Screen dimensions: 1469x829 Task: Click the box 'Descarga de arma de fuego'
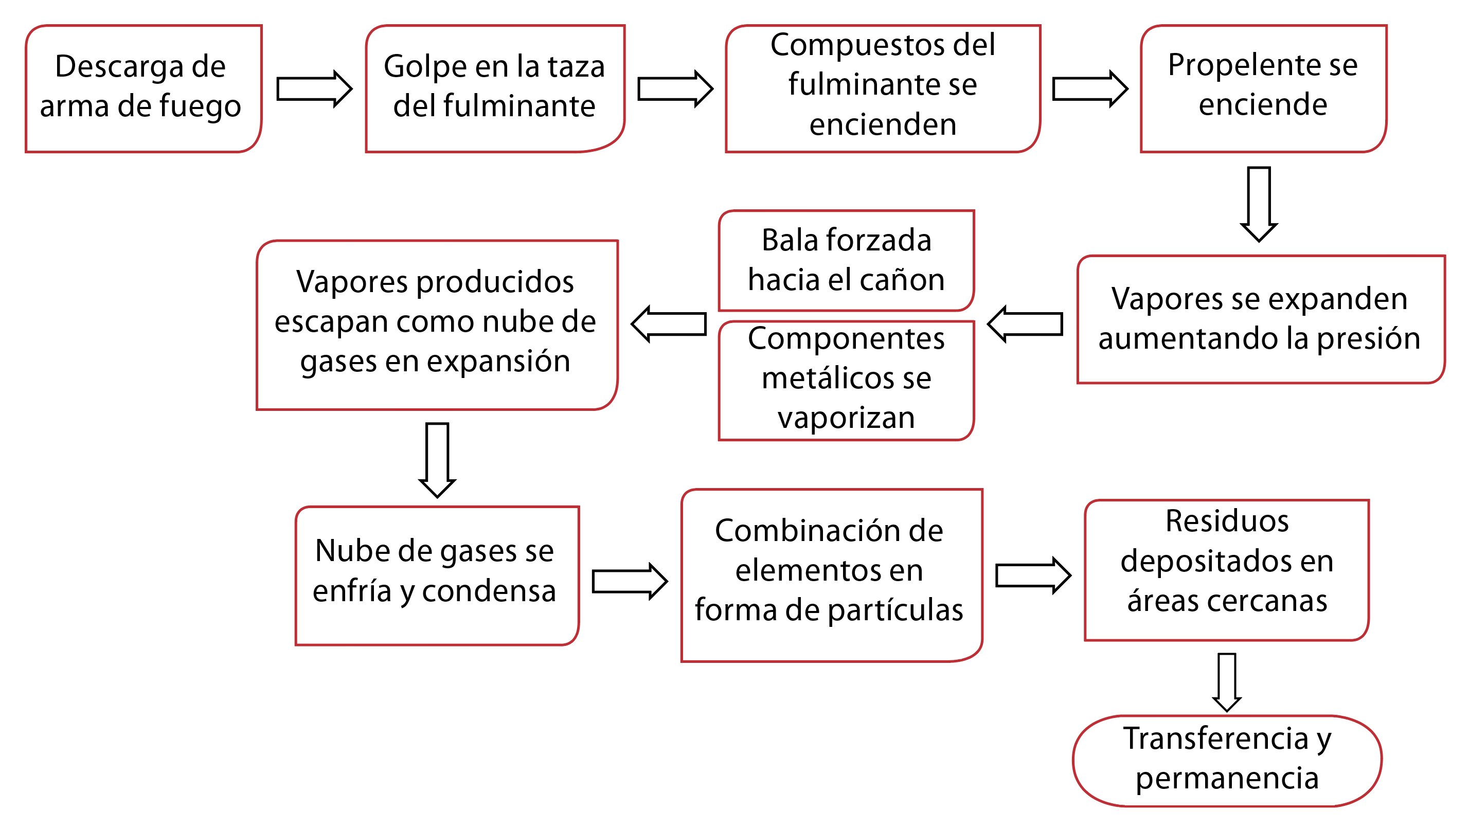tap(144, 88)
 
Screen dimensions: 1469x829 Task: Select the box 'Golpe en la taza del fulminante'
tap(495, 88)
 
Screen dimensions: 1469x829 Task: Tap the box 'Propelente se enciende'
tap(1263, 88)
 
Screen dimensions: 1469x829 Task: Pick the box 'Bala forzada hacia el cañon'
tap(846, 261)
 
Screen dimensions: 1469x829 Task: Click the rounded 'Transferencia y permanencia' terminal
tap(1227, 761)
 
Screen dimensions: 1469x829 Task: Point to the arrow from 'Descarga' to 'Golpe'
tap(314, 89)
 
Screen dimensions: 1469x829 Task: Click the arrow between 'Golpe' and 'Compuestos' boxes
tap(675, 89)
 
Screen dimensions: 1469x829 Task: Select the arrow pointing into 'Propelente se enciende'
tap(1090, 89)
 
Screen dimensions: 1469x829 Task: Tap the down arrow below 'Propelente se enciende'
tap(1259, 204)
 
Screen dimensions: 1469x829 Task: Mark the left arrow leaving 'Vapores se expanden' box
tap(1025, 325)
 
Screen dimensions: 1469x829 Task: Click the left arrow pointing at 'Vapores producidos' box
tap(668, 325)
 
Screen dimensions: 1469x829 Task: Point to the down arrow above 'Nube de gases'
tap(437, 460)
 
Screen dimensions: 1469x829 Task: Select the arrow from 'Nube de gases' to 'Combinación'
tap(630, 582)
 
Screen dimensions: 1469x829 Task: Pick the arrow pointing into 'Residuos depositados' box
tap(1033, 576)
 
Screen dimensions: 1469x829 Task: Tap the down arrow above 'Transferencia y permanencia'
tap(1227, 682)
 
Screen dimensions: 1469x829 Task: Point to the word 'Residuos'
tap(1227, 521)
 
